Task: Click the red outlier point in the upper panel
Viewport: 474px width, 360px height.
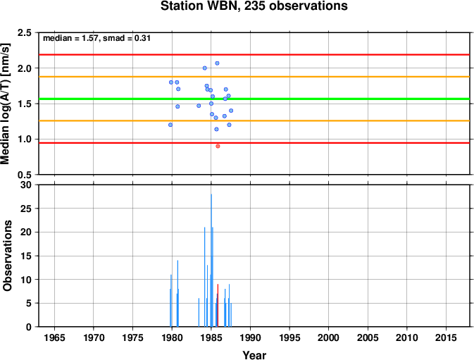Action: (x=218, y=147)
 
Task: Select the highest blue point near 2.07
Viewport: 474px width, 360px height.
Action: (x=217, y=63)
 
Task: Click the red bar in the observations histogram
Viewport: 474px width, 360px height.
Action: (x=218, y=305)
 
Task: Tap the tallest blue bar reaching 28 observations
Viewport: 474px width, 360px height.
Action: (x=211, y=260)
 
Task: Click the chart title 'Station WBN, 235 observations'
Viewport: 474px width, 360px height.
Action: (x=254, y=6)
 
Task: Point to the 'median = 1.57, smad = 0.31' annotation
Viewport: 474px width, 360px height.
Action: (x=96, y=38)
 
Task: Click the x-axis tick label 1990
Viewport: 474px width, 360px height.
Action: (x=250, y=337)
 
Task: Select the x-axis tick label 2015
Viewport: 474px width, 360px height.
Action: (x=446, y=337)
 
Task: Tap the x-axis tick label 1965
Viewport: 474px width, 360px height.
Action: (x=54, y=337)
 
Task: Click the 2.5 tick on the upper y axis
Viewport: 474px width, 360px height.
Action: (x=25, y=32)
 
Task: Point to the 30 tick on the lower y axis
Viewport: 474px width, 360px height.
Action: (x=25, y=185)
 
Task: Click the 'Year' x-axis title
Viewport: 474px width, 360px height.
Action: (x=254, y=355)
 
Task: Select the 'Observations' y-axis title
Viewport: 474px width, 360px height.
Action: (x=7, y=256)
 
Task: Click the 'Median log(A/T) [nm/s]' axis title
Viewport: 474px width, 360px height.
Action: (x=5, y=104)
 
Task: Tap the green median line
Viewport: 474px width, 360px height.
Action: (x=254, y=99)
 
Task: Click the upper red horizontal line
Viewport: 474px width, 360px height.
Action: (x=254, y=55)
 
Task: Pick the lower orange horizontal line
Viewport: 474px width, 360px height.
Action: (x=254, y=121)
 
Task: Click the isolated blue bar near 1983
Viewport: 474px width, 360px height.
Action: (x=199, y=313)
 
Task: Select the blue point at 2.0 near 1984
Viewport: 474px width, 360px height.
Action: (x=205, y=68)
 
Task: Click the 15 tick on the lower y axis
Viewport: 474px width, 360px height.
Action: (x=25, y=256)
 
